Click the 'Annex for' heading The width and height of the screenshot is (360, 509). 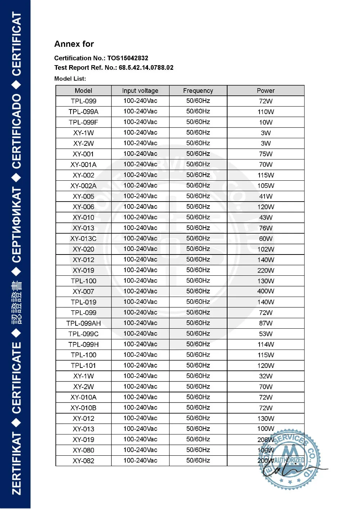(74, 44)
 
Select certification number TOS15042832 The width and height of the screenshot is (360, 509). (127, 58)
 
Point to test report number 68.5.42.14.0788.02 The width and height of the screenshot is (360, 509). (146, 68)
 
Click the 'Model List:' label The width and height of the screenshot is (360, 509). (70, 78)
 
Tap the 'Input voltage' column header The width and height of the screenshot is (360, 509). (140, 91)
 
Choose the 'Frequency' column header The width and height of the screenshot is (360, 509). (198, 91)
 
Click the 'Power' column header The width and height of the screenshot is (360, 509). (266, 91)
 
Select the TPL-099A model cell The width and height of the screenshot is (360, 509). (84, 112)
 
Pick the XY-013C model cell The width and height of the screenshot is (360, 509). (84, 239)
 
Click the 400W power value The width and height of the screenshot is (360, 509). (266, 291)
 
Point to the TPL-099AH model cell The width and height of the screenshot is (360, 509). (84, 323)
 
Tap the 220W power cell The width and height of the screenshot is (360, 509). (266, 270)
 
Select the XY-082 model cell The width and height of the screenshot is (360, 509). (84, 461)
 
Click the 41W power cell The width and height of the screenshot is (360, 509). (266, 196)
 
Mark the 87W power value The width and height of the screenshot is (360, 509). (266, 323)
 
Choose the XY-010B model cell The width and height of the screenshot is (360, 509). (84, 408)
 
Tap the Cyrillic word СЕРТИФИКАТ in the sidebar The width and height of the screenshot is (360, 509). (17, 225)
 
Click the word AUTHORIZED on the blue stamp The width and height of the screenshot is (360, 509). (289, 460)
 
